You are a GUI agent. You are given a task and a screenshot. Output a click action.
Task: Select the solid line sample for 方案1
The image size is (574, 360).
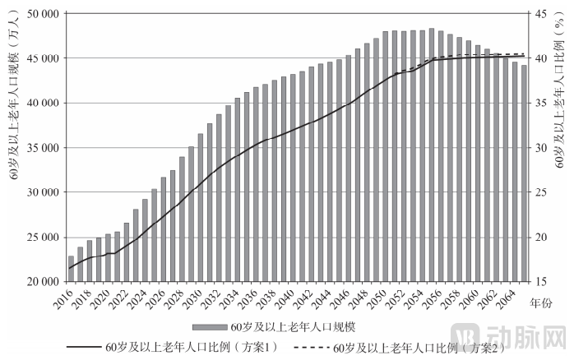79,346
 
